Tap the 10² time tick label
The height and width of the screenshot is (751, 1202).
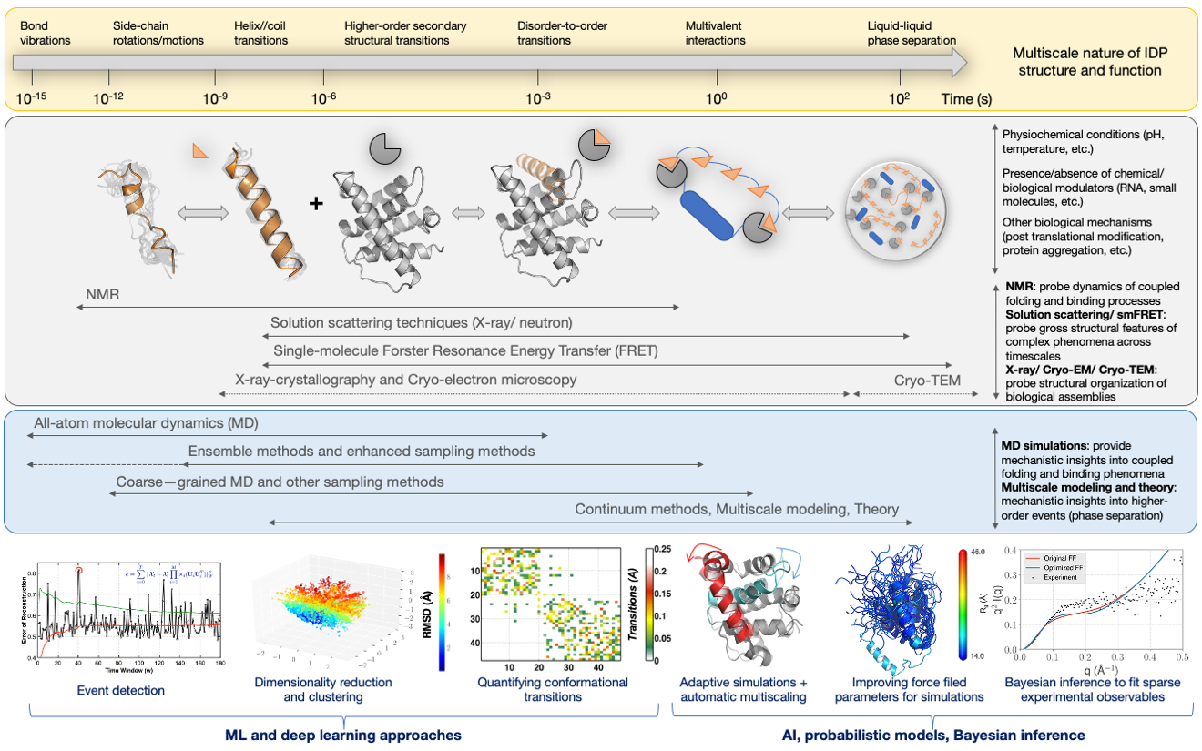coord(899,96)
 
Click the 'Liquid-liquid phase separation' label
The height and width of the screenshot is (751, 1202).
coord(912,34)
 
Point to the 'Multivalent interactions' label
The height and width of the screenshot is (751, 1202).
coord(716,34)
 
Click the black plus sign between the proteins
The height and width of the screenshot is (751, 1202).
coord(316,203)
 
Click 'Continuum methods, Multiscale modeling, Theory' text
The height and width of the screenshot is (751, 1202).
coord(737,509)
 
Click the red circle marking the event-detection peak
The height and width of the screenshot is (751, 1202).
coord(79,571)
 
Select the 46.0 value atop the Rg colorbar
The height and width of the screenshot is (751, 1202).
coord(982,552)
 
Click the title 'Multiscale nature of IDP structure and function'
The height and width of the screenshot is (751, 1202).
coord(1091,61)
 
